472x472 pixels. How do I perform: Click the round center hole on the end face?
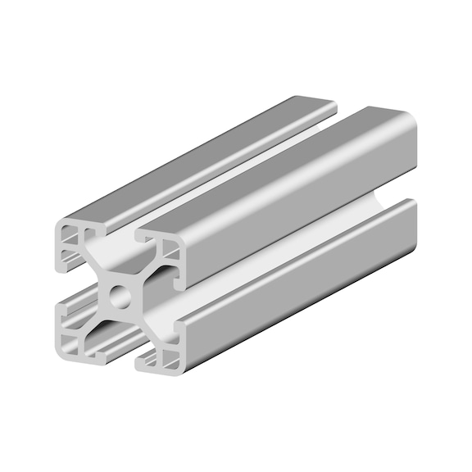120,294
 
